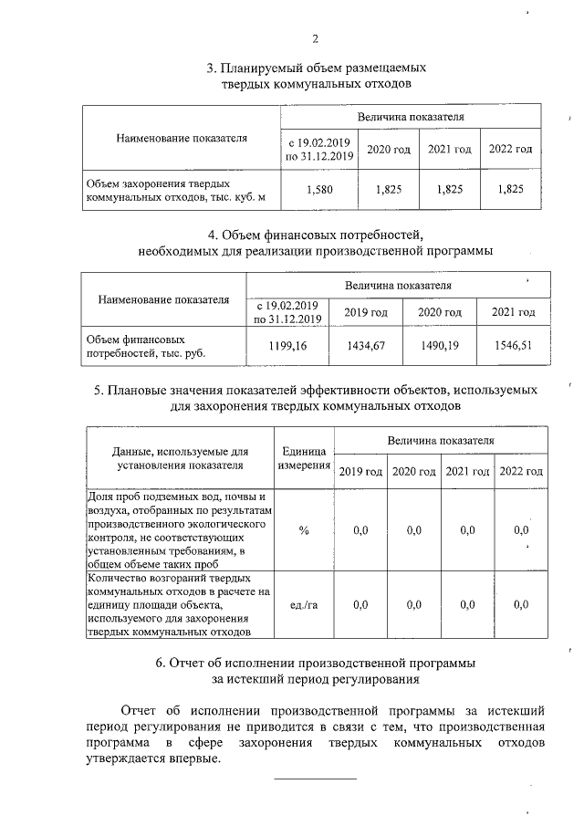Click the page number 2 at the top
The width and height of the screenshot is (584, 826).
(316, 39)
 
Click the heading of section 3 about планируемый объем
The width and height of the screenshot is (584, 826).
(316, 76)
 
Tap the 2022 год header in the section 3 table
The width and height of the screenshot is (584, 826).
(511, 149)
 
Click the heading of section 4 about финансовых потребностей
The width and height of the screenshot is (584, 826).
(316, 243)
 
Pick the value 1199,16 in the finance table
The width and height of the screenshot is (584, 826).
(288, 345)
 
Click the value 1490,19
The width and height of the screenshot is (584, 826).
(439, 345)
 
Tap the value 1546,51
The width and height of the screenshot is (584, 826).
(513, 345)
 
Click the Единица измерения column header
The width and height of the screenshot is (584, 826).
(303, 457)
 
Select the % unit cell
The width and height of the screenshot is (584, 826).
(303, 529)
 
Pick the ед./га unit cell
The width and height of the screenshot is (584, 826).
(303, 604)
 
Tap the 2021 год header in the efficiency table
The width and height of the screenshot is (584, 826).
(468, 471)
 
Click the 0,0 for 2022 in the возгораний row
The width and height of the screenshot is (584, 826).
(521, 604)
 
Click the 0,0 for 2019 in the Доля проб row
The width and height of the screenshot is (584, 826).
(360, 529)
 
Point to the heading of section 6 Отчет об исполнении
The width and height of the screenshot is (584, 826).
(316, 670)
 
